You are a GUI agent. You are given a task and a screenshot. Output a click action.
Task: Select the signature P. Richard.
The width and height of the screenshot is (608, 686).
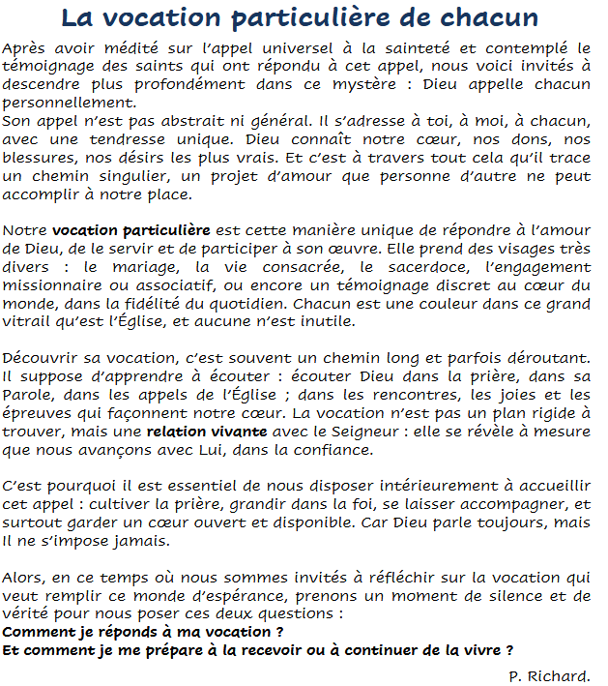coord(549,673)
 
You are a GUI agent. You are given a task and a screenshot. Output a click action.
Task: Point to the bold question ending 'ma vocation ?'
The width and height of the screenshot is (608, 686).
coord(143,632)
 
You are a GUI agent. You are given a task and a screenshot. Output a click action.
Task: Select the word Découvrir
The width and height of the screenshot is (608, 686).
coord(41,359)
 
